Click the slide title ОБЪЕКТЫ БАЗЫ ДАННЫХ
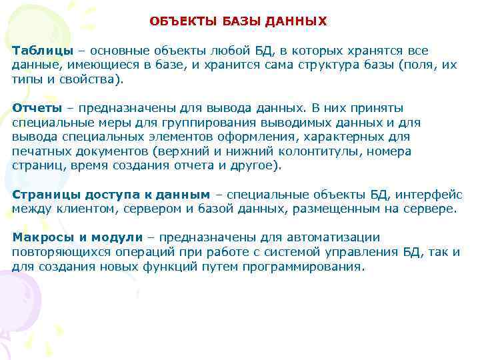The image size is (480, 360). point(238,21)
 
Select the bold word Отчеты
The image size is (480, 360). point(37,108)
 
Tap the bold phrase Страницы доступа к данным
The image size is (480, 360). point(111,195)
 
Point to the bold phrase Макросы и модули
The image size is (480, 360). point(77,237)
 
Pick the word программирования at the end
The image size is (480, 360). point(314,267)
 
